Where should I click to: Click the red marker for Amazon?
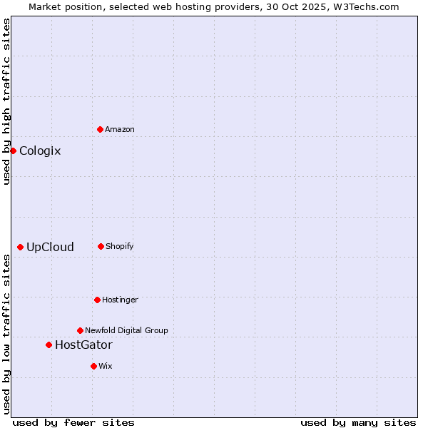click(100, 129)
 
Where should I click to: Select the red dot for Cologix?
click(13, 151)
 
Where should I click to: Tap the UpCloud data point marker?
click(20, 247)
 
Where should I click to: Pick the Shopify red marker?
click(101, 246)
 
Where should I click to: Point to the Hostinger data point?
click(97, 300)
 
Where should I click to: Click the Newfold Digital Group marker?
click(80, 330)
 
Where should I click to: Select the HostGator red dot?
click(49, 345)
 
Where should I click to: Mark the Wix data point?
click(93, 366)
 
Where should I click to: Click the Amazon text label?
click(120, 129)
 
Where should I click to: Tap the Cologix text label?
click(40, 151)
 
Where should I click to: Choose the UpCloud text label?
click(50, 247)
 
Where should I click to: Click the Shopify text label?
click(120, 246)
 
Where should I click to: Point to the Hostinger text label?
click(120, 300)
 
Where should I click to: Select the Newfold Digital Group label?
click(126, 330)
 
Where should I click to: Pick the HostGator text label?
click(83, 345)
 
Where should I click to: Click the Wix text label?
click(106, 366)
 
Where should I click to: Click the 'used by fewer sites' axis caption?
click(73, 422)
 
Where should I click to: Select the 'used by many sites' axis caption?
click(358, 422)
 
